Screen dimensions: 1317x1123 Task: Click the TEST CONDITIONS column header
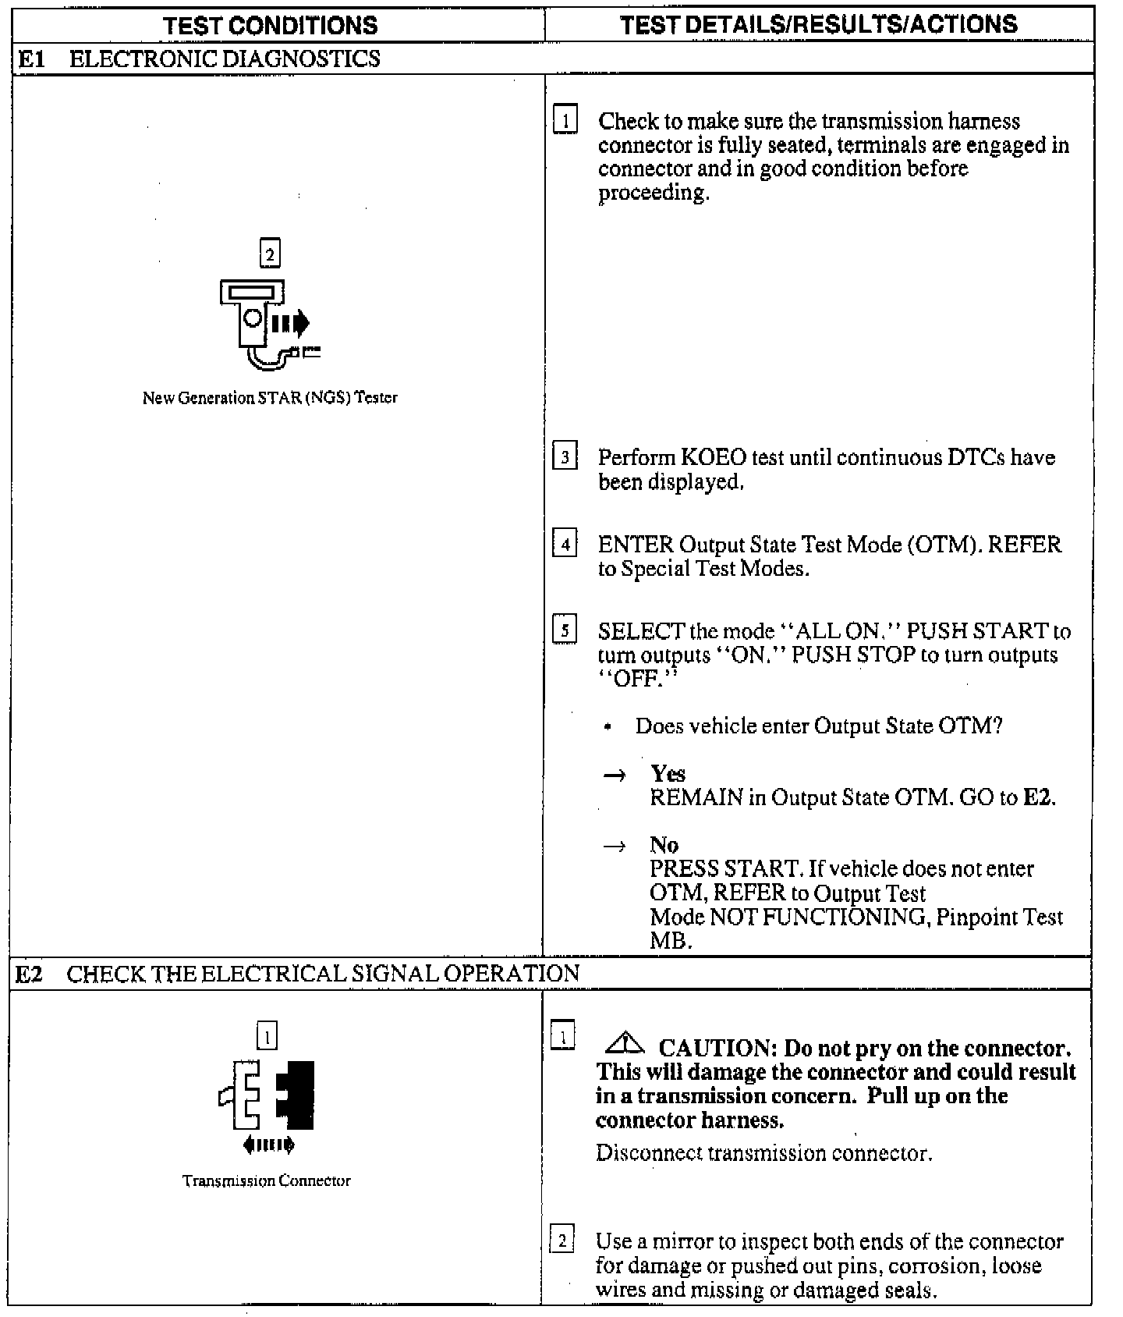(x=271, y=25)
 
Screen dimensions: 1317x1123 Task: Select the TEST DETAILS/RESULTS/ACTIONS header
(x=819, y=24)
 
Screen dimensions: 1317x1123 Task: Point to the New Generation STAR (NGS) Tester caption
(x=270, y=398)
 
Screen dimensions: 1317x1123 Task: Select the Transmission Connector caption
(x=267, y=1180)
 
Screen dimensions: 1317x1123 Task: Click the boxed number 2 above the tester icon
(x=270, y=254)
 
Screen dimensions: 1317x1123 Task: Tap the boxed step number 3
(x=564, y=457)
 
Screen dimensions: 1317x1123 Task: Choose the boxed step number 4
(x=564, y=544)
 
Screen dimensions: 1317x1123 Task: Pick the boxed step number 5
(x=564, y=630)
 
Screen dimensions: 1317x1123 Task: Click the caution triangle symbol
(x=624, y=1043)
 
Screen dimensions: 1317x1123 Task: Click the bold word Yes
(x=668, y=773)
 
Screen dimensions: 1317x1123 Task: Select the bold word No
(x=664, y=845)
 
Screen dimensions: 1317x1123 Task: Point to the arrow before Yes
(x=615, y=775)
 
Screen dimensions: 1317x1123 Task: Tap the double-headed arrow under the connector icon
(x=268, y=1145)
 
